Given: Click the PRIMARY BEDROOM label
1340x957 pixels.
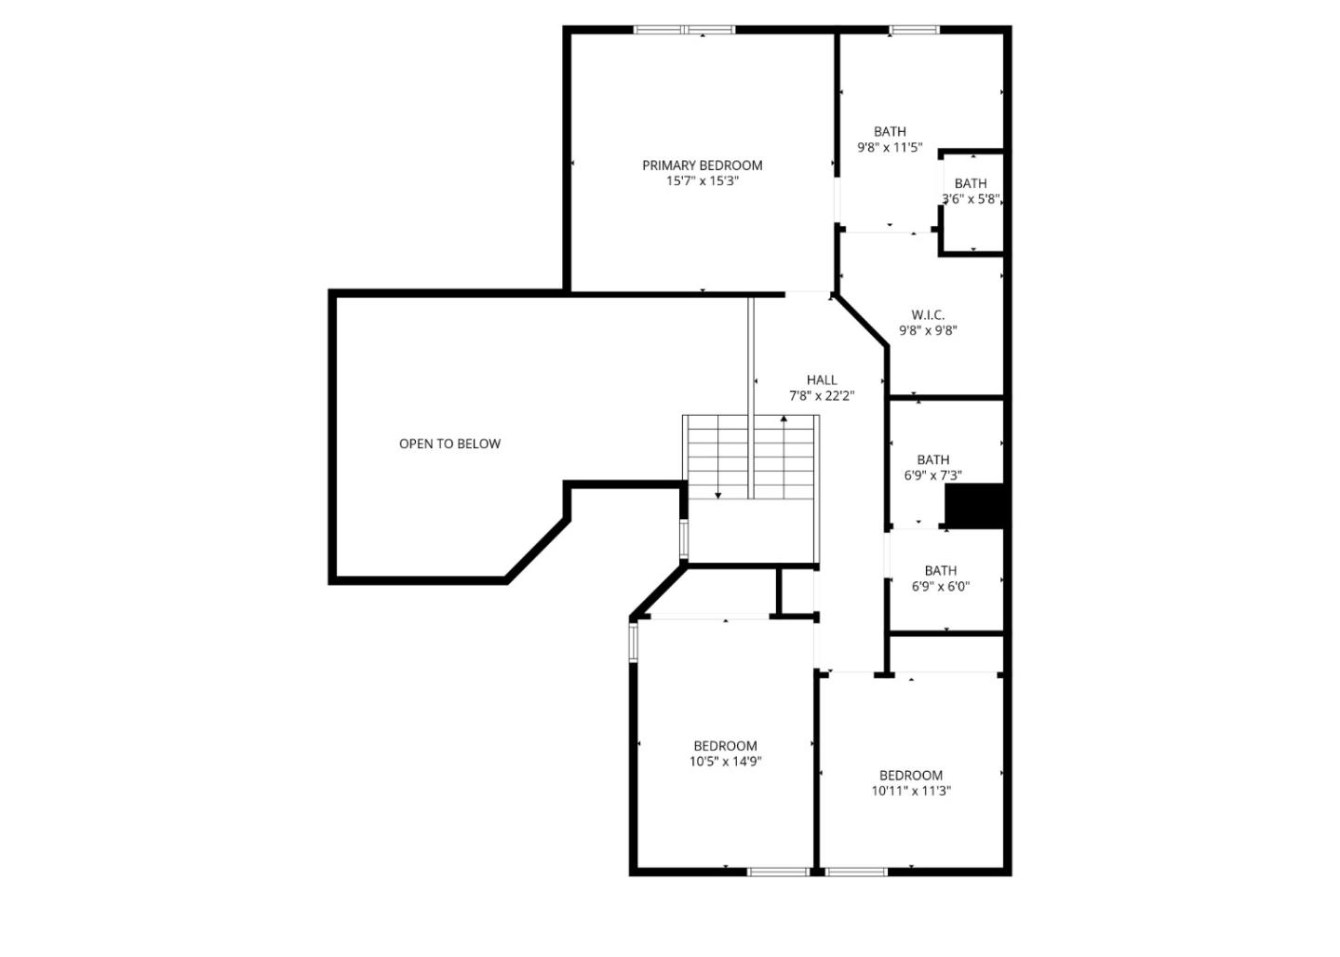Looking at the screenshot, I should point(702,166).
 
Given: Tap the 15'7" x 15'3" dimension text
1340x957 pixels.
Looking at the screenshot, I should point(702,181).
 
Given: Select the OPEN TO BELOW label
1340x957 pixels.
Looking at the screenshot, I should point(449,444).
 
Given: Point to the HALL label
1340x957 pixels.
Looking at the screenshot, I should point(822,379).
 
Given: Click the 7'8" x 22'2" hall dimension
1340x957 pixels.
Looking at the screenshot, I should point(822,395).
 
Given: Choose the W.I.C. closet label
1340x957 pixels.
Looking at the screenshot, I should point(928,314).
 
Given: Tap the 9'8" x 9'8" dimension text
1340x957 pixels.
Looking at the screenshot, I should point(928,330).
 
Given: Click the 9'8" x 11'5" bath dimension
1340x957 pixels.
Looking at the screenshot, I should point(890,147).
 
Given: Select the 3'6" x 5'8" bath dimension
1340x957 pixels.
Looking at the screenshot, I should point(971,199).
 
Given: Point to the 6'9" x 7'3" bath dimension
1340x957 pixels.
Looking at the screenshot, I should point(932,475).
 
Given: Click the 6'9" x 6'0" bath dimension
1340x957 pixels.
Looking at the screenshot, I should point(940,586).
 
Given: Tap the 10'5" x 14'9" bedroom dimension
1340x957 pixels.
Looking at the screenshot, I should point(725,761).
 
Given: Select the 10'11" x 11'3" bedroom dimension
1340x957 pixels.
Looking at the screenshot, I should point(910,791).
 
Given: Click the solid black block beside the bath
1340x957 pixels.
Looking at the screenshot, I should point(974,505).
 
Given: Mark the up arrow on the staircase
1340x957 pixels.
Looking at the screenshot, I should point(784,420).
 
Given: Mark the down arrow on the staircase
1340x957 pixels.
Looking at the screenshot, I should point(717,494).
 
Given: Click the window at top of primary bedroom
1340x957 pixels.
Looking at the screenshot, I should point(684,30).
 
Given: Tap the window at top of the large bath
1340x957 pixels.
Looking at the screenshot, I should point(913,30).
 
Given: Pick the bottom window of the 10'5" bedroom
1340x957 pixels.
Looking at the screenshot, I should point(779,871).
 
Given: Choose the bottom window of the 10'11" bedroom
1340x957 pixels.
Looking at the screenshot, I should point(856,871).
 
